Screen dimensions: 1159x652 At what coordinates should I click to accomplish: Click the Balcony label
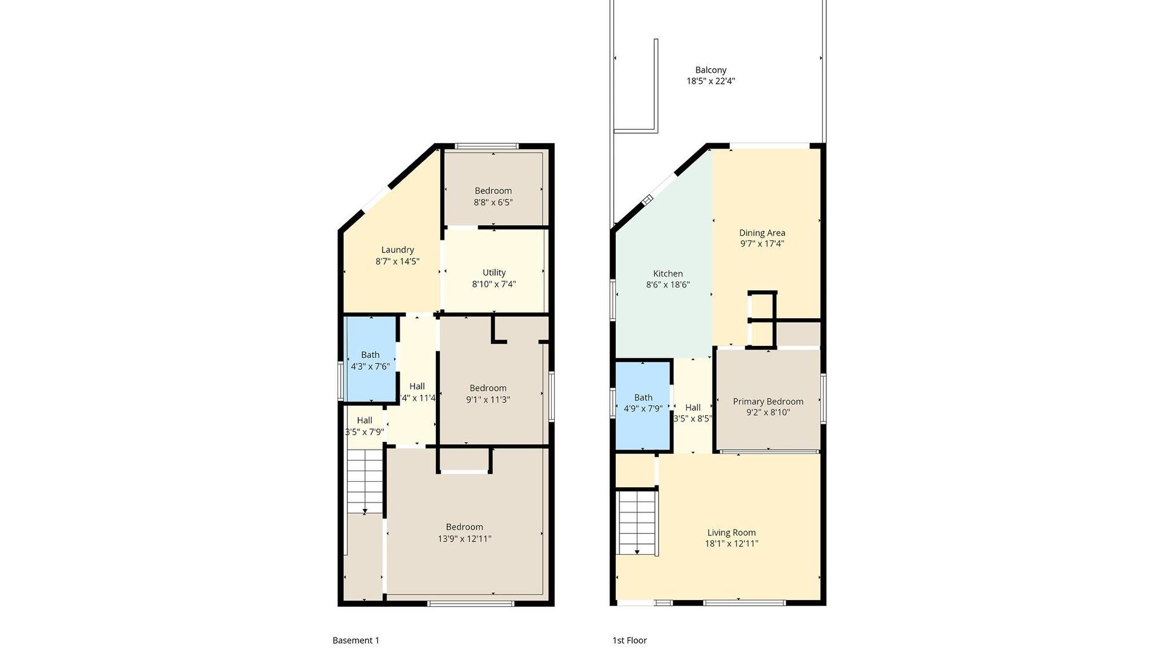pyautogui.click(x=710, y=70)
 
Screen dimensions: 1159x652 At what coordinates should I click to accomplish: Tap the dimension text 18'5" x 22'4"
pyautogui.click(x=710, y=81)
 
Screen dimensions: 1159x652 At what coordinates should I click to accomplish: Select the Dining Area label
pyautogui.click(x=762, y=233)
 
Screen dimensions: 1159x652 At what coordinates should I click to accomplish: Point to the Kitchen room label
pyautogui.click(x=668, y=273)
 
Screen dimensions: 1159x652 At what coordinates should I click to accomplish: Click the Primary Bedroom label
pyautogui.click(x=768, y=401)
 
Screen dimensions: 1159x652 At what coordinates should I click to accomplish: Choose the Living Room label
pyautogui.click(x=731, y=532)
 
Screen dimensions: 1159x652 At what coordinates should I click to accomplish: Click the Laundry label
pyautogui.click(x=397, y=250)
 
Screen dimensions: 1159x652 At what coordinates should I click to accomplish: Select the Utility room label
pyautogui.click(x=494, y=273)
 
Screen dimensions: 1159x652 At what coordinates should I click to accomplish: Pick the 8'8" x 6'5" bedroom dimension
pyautogui.click(x=493, y=202)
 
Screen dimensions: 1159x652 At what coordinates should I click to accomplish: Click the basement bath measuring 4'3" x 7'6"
pyautogui.click(x=370, y=359)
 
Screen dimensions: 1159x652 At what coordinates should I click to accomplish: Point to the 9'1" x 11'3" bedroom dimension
pyautogui.click(x=488, y=399)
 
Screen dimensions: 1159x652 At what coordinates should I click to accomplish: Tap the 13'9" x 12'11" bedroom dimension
pyautogui.click(x=464, y=539)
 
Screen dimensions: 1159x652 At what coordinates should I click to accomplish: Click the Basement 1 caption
pyautogui.click(x=356, y=641)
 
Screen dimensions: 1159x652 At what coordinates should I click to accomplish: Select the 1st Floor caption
pyautogui.click(x=630, y=641)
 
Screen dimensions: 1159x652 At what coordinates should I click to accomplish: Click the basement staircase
pyautogui.click(x=365, y=482)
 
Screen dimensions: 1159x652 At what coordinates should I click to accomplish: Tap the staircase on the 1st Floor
pyautogui.click(x=637, y=523)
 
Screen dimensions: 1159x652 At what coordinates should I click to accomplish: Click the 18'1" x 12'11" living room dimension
pyautogui.click(x=731, y=543)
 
